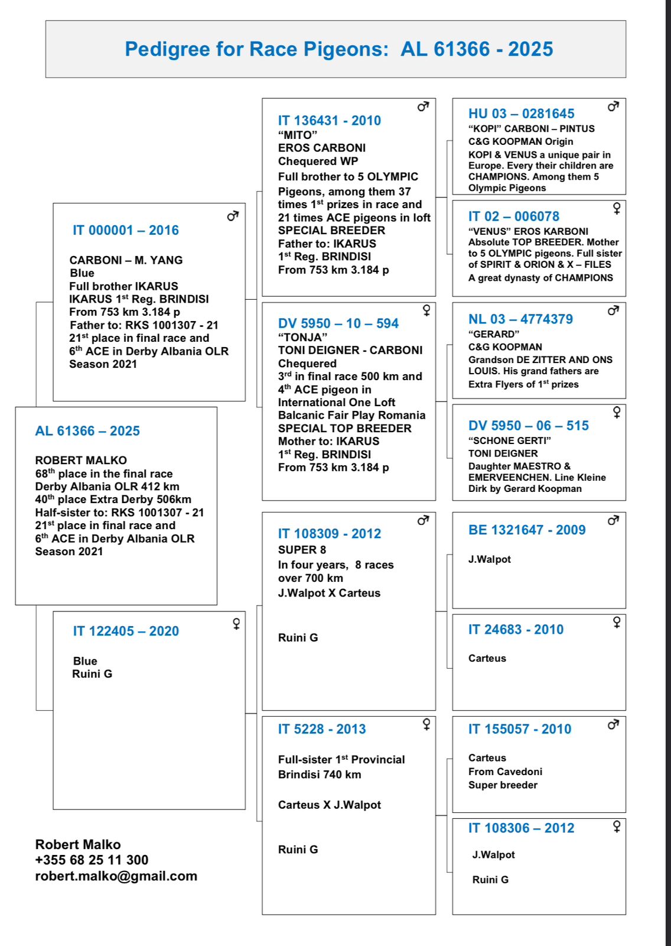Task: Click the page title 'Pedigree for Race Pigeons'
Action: coord(256,49)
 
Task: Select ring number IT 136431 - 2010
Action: coord(329,121)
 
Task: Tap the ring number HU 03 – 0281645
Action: coord(521,114)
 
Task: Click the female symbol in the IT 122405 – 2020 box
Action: coord(236,624)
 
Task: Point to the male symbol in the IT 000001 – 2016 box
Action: coord(233,216)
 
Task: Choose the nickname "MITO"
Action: coord(297,135)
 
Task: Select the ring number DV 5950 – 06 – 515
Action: coord(528,426)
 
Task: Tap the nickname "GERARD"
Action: coord(494,334)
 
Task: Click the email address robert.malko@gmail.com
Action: coord(116,876)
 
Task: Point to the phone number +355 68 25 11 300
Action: coord(92,860)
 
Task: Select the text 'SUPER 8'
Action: coord(302,550)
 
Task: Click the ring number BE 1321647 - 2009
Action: coord(526,530)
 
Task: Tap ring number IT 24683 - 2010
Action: coord(516,630)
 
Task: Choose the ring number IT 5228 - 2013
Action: coord(322,729)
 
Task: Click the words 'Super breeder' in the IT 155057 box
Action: coord(503,785)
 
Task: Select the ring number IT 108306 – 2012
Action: coord(521,828)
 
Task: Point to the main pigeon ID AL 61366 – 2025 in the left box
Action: coord(87,431)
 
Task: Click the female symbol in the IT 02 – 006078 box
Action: coord(617,208)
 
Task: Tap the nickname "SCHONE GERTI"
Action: coord(509,440)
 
